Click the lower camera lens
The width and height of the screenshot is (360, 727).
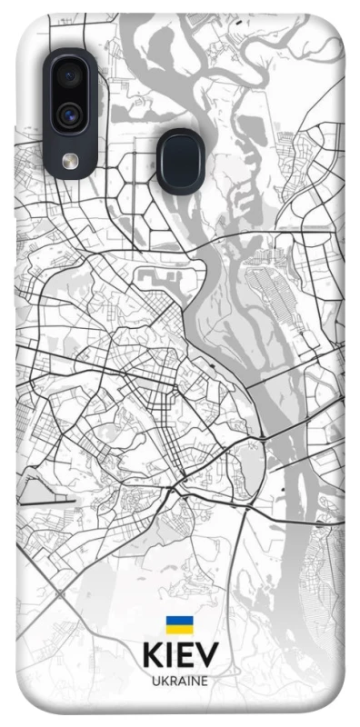[69, 115]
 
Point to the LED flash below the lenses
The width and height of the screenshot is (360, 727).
[70, 160]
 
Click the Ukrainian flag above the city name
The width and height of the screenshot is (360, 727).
[179, 624]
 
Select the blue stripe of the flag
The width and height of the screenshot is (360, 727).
[179, 621]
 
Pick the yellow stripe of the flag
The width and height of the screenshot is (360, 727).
[179, 629]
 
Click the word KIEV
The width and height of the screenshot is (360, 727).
[179, 655]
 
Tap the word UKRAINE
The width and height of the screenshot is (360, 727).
[179, 681]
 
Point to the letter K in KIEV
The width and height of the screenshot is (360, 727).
[151, 655]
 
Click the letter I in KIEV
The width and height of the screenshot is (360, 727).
[169, 655]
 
